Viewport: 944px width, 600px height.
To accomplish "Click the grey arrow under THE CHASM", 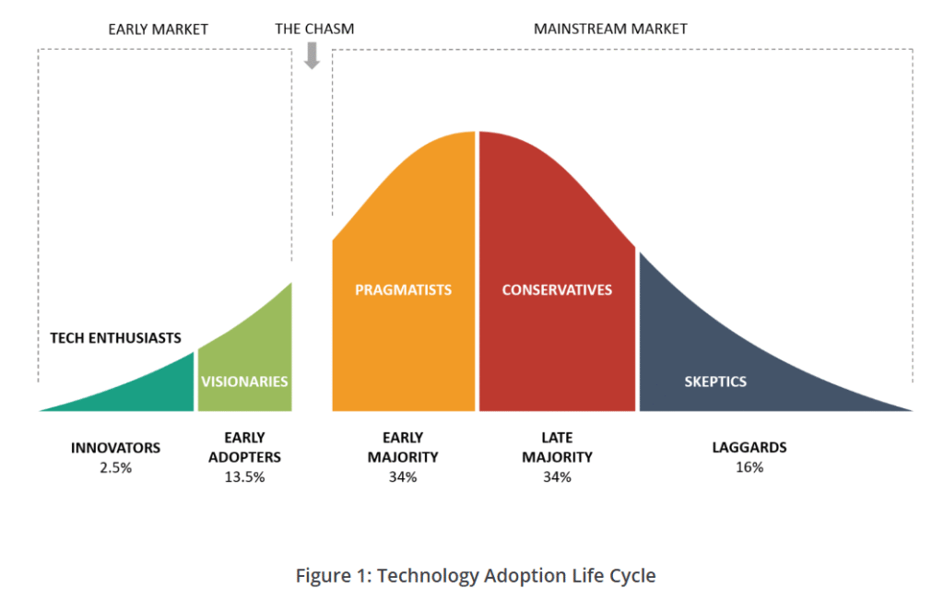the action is pos(312,56).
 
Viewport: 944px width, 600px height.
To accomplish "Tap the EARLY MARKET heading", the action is pos(158,29).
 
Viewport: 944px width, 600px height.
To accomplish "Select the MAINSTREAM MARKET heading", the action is pos(610,29).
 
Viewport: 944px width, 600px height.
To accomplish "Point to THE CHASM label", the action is pos(314,29).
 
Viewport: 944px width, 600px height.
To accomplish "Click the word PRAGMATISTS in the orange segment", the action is pos(404,290).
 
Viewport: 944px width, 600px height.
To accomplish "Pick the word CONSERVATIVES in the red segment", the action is pos(557,290).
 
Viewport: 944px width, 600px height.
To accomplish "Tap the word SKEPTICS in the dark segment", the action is pos(715,382).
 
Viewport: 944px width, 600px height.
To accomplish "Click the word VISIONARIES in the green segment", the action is pos(244,382).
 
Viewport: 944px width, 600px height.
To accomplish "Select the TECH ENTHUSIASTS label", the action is pos(115,338).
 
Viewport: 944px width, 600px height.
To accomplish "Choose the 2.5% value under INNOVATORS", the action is pos(115,467).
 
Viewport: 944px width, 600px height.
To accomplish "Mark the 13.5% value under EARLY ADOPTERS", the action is pos(244,477).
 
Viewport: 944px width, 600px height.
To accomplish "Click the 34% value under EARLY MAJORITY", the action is pos(403,477).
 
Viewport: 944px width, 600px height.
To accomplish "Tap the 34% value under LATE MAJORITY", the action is pos(557,477).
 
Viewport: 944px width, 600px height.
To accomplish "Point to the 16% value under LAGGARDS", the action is pos(749,467).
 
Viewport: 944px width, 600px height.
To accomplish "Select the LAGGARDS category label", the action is pos(749,448).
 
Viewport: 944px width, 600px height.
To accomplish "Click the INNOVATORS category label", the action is pos(115,448).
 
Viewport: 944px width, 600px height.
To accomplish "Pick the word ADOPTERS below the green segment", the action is pos(244,457).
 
